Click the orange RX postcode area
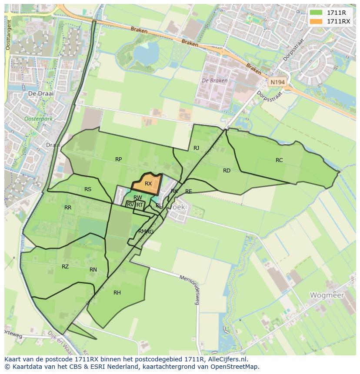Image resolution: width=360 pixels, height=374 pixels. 147,183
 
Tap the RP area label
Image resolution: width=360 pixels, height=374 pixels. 118,159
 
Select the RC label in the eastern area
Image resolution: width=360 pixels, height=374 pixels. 279,160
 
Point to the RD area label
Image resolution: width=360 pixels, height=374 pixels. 227,171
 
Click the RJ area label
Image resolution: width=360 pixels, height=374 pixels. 196,148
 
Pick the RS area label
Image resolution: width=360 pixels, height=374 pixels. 88,189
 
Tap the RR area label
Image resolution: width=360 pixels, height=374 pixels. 68,208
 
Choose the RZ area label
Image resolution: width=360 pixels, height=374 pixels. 65,267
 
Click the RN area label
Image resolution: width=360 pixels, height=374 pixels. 93,270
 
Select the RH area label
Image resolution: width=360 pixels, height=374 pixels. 117,293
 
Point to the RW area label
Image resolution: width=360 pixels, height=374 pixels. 138,198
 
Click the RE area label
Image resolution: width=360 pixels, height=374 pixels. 188,192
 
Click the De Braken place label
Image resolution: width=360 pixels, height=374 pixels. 214,81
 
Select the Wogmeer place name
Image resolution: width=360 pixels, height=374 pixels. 327,295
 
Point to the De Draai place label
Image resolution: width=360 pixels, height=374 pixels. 37,93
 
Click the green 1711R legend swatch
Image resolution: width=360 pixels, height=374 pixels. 316,13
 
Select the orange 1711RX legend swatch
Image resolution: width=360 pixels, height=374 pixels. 316,21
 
